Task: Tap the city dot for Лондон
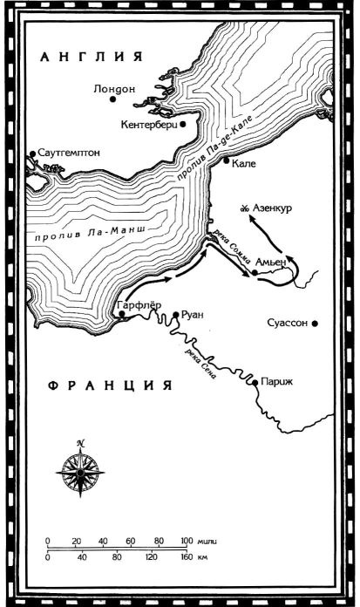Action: pos(112,99)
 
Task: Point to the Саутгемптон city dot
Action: pos(31,154)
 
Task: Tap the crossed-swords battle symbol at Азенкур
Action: pos(246,208)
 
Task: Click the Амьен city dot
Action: pos(255,272)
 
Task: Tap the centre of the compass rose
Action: pos(80,471)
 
